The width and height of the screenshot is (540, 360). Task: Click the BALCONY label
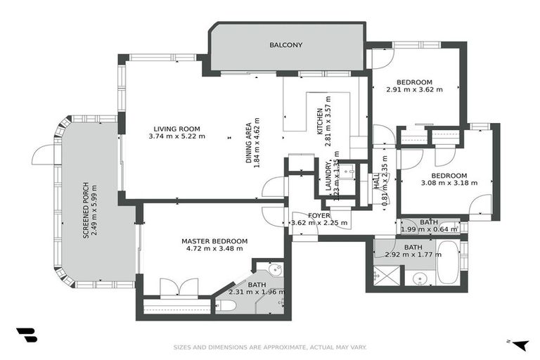[286, 45]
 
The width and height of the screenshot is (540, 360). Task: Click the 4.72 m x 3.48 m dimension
[214, 248]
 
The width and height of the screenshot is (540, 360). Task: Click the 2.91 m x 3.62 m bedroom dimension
[415, 89]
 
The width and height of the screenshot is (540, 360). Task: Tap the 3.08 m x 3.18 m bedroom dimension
[449, 183]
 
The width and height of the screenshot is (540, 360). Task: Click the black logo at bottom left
[26, 336]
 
